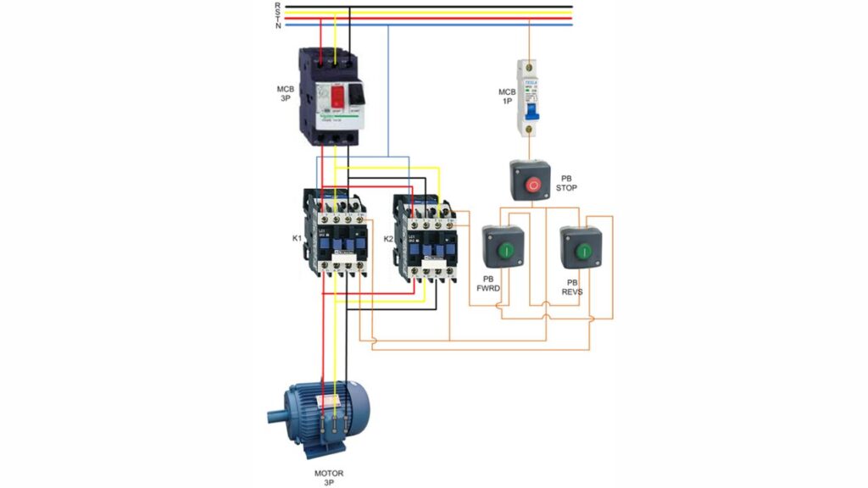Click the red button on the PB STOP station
click(x=532, y=183)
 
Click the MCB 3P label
click(x=285, y=94)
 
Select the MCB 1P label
click(x=506, y=96)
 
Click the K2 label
click(x=388, y=239)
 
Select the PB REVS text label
click(x=571, y=286)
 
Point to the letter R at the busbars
click(x=278, y=5)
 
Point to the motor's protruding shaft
click(x=275, y=417)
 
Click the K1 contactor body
click(x=337, y=233)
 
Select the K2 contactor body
click(x=427, y=239)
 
